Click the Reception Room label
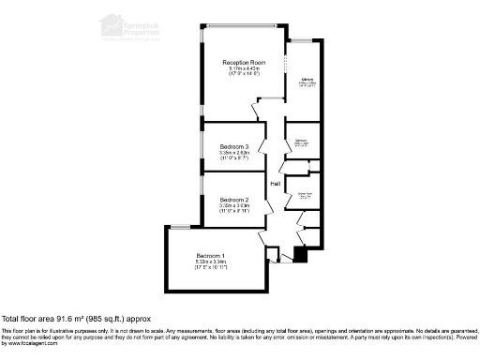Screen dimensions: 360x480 [245, 62]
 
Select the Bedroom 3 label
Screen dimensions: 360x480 [234, 147]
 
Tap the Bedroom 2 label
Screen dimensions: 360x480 [234, 200]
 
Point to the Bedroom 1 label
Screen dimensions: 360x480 [211, 256]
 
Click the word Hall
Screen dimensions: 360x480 [276, 184]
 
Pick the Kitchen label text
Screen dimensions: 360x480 [306, 80]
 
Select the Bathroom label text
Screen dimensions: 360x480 [301, 141]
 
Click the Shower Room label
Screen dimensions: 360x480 [305, 194]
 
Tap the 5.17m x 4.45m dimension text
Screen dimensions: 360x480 [245, 69]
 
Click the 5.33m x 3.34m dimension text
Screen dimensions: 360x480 [211, 262]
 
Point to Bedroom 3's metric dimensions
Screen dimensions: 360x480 [234, 154]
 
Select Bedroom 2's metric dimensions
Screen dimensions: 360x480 [234, 206]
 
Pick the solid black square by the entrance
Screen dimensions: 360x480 [300, 253]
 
